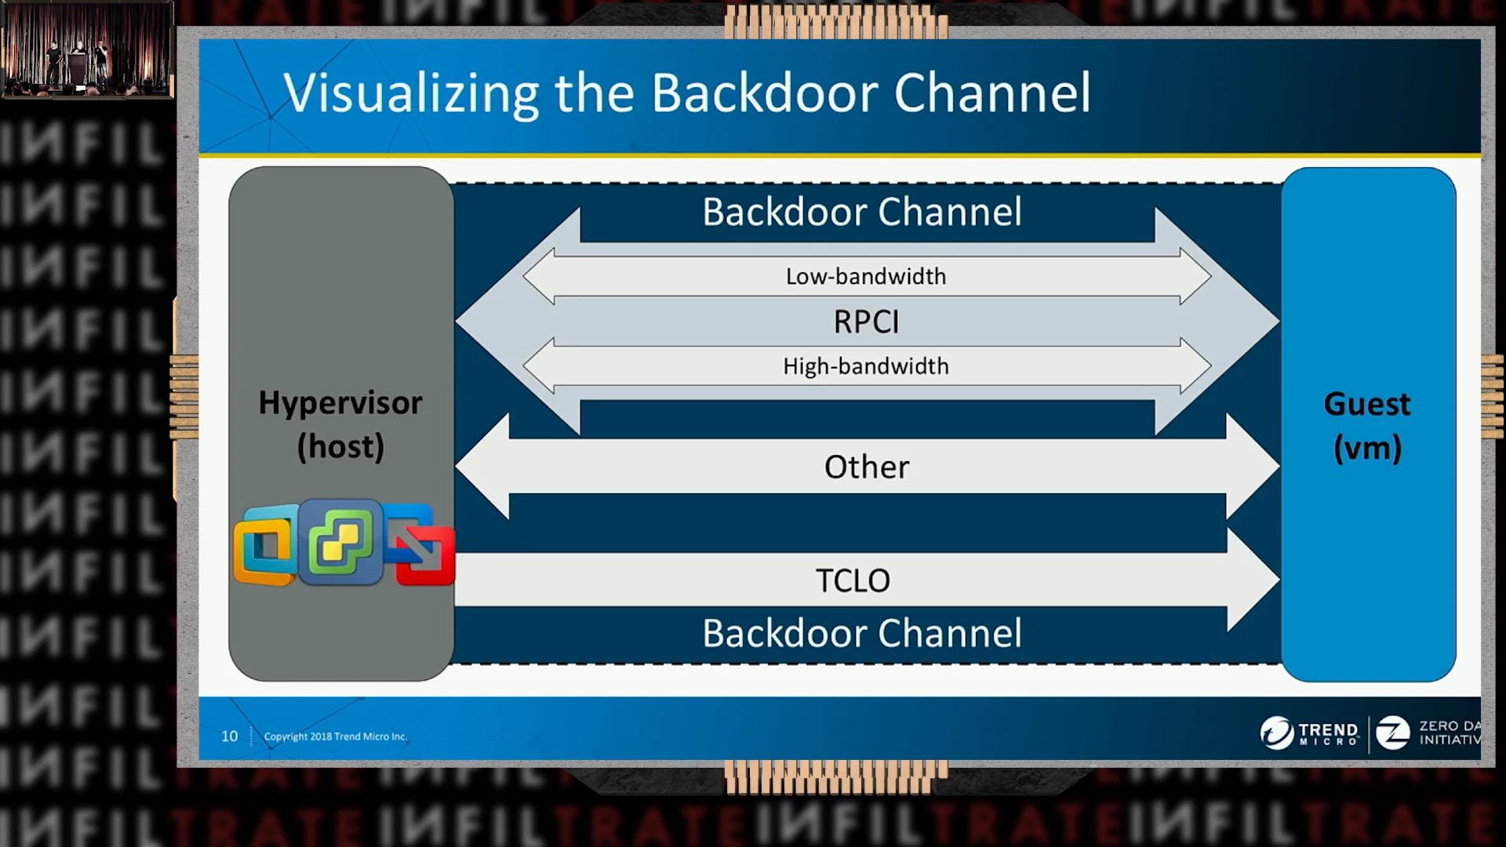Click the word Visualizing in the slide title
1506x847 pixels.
click(410, 93)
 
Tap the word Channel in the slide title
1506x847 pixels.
click(991, 93)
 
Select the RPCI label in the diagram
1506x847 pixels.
click(866, 322)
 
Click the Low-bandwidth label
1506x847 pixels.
click(866, 276)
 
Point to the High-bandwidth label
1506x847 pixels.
click(866, 366)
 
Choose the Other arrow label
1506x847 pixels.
click(867, 467)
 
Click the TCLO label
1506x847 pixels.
click(853, 581)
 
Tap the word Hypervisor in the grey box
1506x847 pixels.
click(340, 403)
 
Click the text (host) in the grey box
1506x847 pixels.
click(340, 447)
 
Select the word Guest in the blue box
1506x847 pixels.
click(1367, 405)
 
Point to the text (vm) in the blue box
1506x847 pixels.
click(1367, 449)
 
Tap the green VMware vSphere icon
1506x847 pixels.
click(340, 541)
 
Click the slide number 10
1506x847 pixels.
click(229, 736)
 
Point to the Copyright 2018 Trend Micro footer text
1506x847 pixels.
click(335, 736)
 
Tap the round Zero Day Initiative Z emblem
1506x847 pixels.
click(1392, 733)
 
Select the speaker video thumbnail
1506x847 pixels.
click(87, 50)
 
